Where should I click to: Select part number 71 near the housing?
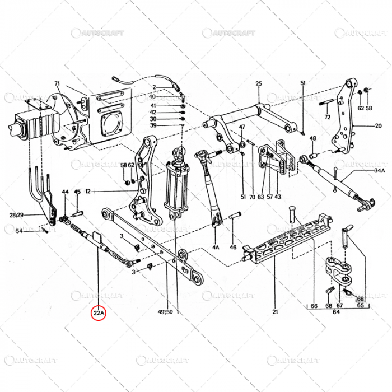[x=57, y=83]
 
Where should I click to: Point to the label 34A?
[x=380, y=170]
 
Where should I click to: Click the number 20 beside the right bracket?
[x=378, y=126]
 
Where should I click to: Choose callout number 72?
[x=328, y=117]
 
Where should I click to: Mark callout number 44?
[x=66, y=192]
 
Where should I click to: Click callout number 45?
[x=78, y=192]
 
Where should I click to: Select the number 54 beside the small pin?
[x=19, y=231]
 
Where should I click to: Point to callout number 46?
[x=233, y=246]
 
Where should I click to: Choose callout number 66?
[x=314, y=306]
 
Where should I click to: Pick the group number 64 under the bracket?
[x=336, y=313]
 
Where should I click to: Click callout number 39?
[x=153, y=125]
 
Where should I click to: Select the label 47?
[x=242, y=128]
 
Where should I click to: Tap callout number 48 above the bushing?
[x=312, y=138]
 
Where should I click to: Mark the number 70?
[x=252, y=197]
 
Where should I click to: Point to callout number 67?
[x=339, y=306]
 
